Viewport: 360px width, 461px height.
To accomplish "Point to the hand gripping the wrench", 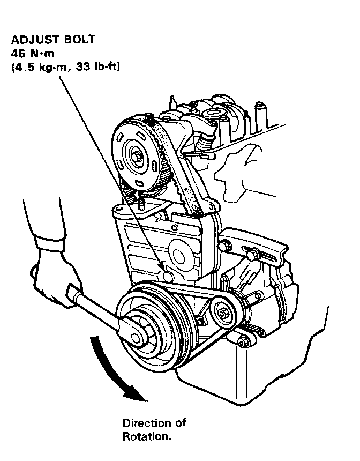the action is (51, 279).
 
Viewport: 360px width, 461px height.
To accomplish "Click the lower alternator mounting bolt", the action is (244, 340).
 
